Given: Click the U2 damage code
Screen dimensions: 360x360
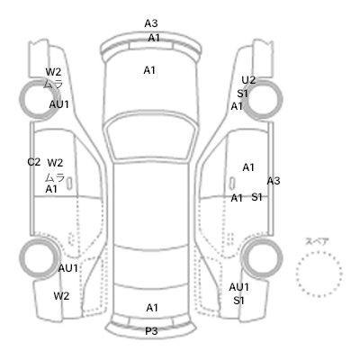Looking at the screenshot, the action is (248, 80).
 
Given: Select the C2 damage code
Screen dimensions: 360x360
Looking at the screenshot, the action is (34, 162).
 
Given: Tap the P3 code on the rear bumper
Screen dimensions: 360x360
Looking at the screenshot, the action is (151, 331).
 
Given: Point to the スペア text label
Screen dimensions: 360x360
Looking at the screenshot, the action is (317, 241).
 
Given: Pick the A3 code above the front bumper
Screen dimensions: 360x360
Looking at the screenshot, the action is (151, 23).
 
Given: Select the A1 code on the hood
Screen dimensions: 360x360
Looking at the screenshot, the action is (149, 70).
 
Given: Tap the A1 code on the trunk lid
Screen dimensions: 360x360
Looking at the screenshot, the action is (152, 308).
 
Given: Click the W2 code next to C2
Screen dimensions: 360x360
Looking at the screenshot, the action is (55, 163).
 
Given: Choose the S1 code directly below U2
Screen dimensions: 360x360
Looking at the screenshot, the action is (242, 94).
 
